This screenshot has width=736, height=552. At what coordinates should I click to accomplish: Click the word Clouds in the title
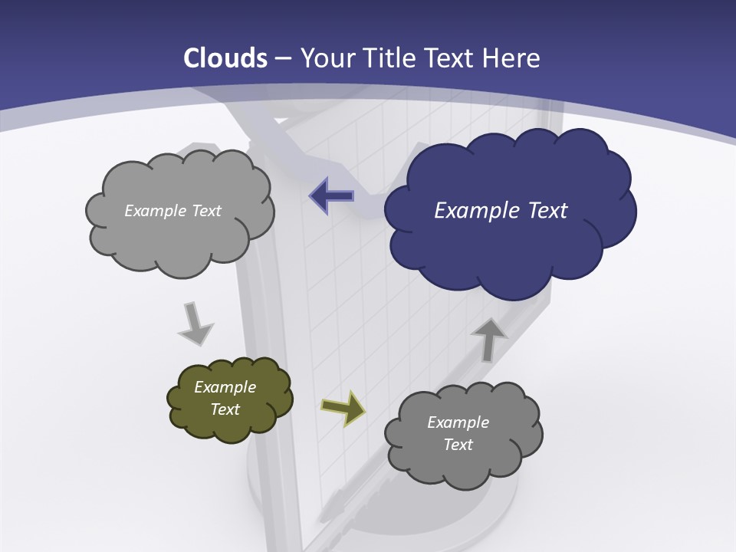pyautogui.click(x=225, y=58)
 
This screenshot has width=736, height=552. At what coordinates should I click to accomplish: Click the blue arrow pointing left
pyautogui.click(x=332, y=195)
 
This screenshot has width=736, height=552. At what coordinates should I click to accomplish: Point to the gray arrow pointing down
pyautogui.click(x=195, y=324)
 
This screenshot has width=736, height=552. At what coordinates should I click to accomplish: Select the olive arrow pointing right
pyautogui.click(x=343, y=408)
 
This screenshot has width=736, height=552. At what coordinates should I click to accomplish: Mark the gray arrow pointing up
pyautogui.click(x=488, y=340)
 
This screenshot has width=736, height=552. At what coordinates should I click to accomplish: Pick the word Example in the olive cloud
pyautogui.click(x=225, y=387)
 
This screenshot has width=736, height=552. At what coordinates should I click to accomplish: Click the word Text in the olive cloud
pyautogui.click(x=225, y=409)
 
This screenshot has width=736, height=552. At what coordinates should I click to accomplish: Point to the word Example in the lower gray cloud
pyautogui.click(x=458, y=422)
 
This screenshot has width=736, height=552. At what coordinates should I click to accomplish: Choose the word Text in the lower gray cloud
pyautogui.click(x=458, y=445)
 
